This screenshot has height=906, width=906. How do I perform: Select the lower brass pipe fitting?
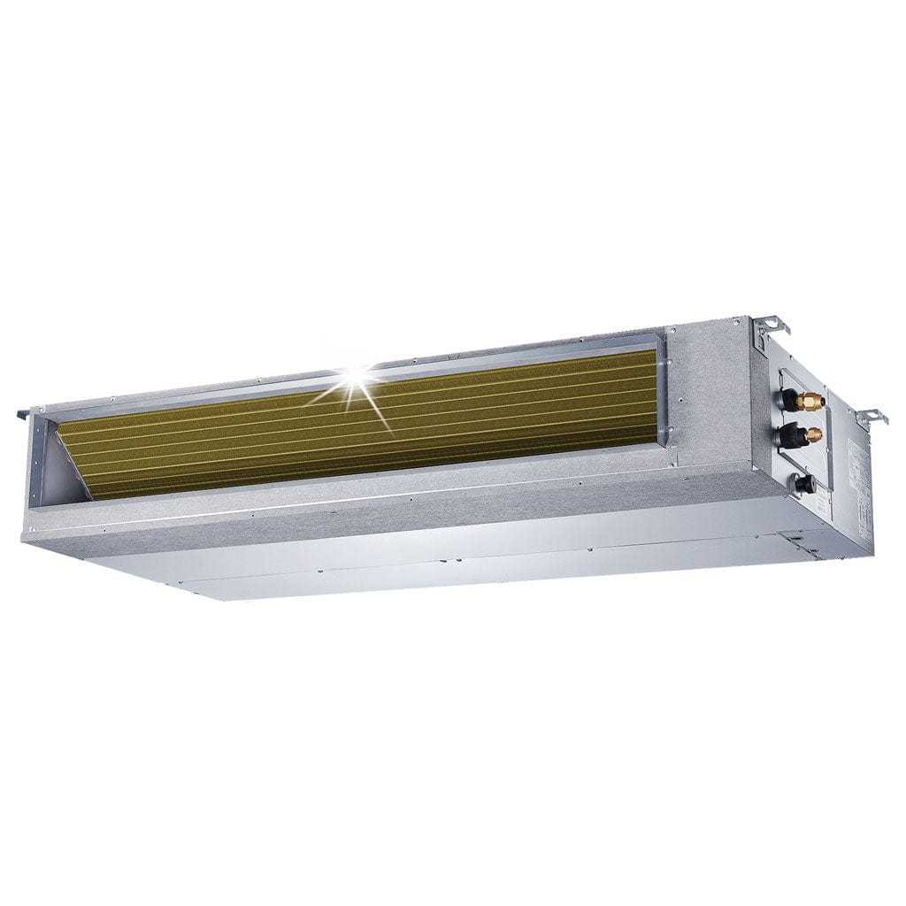pyautogui.click(x=811, y=434)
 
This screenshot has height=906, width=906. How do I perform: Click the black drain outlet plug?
pyautogui.click(x=803, y=483)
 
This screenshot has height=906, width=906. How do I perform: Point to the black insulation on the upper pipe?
pyautogui.click(x=787, y=401)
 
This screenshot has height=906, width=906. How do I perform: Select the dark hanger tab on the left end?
pyautogui.click(x=24, y=414)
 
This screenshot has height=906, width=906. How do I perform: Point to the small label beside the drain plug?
pyautogui.click(x=822, y=504)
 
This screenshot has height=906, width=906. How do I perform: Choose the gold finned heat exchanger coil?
pyautogui.click(x=372, y=425)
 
